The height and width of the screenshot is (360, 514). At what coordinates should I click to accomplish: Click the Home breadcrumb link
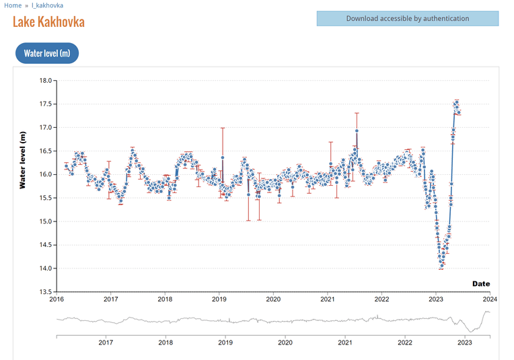pyautogui.click(x=13, y=5)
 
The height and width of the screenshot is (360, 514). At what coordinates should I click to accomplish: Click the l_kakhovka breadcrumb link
pyautogui.click(x=48, y=5)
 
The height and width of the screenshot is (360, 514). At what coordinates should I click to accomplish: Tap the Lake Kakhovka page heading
pyautogui.click(x=49, y=22)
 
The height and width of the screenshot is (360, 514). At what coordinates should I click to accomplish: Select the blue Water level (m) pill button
pyautogui.click(x=47, y=53)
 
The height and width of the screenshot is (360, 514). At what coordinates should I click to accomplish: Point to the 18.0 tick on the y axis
pyautogui.click(x=46, y=81)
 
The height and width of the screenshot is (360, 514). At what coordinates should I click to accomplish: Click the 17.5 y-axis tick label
pyautogui.click(x=46, y=104)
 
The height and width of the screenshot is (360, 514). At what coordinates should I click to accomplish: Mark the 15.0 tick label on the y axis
pyautogui.click(x=46, y=221)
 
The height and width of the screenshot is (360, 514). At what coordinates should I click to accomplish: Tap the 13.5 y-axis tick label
pyautogui.click(x=46, y=292)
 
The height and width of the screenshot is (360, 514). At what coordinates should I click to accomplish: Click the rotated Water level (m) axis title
pyautogui.click(x=22, y=160)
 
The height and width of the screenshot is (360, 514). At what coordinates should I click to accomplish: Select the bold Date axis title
pyautogui.click(x=481, y=284)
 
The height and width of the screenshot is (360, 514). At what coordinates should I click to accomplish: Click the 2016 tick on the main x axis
pyautogui.click(x=57, y=299)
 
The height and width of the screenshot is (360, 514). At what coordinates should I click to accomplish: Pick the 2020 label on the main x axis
pyautogui.click(x=273, y=299)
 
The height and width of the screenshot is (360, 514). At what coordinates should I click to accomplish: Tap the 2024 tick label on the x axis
pyautogui.click(x=490, y=299)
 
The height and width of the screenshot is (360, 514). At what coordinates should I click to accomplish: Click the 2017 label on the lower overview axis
pyautogui.click(x=106, y=343)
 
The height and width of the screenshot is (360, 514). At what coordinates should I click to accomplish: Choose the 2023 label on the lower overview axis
pyautogui.click(x=465, y=343)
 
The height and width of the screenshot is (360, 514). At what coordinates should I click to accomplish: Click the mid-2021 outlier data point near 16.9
pyautogui.click(x=357, y=131)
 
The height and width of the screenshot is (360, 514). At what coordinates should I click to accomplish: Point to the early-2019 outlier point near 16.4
pyautogui.click(x=223, y=157)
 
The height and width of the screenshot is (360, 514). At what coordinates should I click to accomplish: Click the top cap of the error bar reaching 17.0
pyautogui.click(x=223, y=128)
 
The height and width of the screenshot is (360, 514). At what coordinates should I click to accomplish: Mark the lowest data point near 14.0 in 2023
pyautogui.click(x=441, y=266)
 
